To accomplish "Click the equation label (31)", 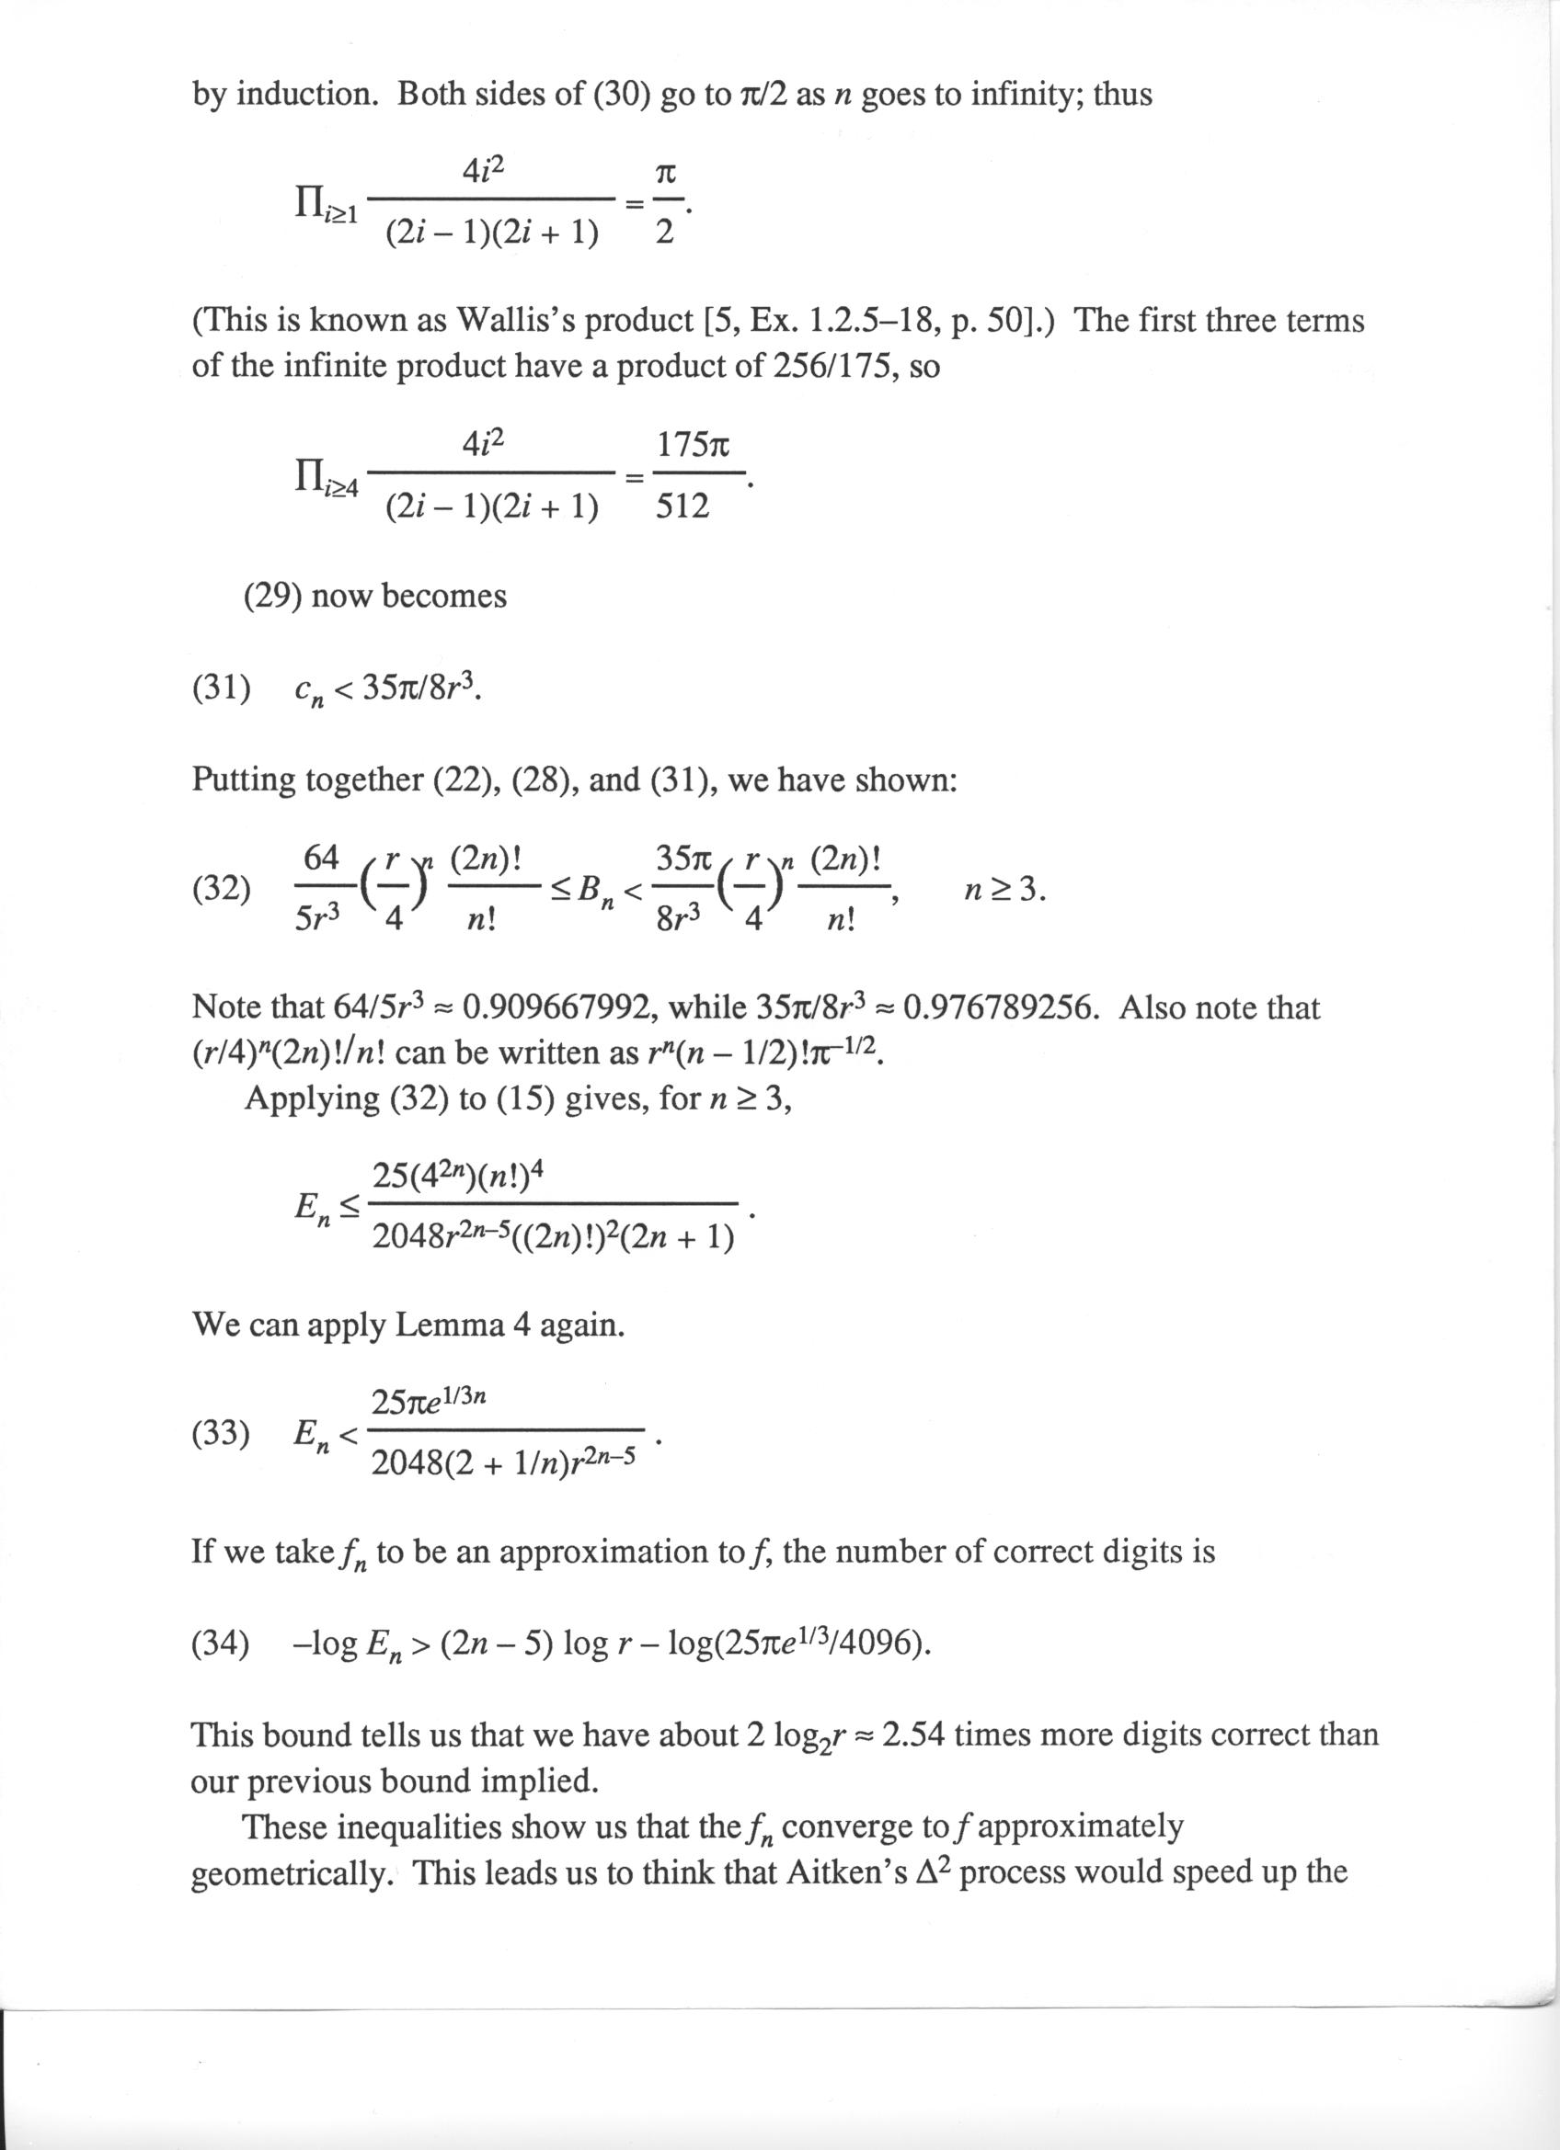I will pyautogui.click(x=222, y=689).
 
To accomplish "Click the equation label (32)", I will pyautogui.click(x=222, y=889).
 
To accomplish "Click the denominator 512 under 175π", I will pyautogui.click(x=682, y=507).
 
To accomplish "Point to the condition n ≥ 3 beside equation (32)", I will pyautogui.click(x=1004, y=890).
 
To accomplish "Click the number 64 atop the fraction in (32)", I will pyautogui.click(x=320, y=858).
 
